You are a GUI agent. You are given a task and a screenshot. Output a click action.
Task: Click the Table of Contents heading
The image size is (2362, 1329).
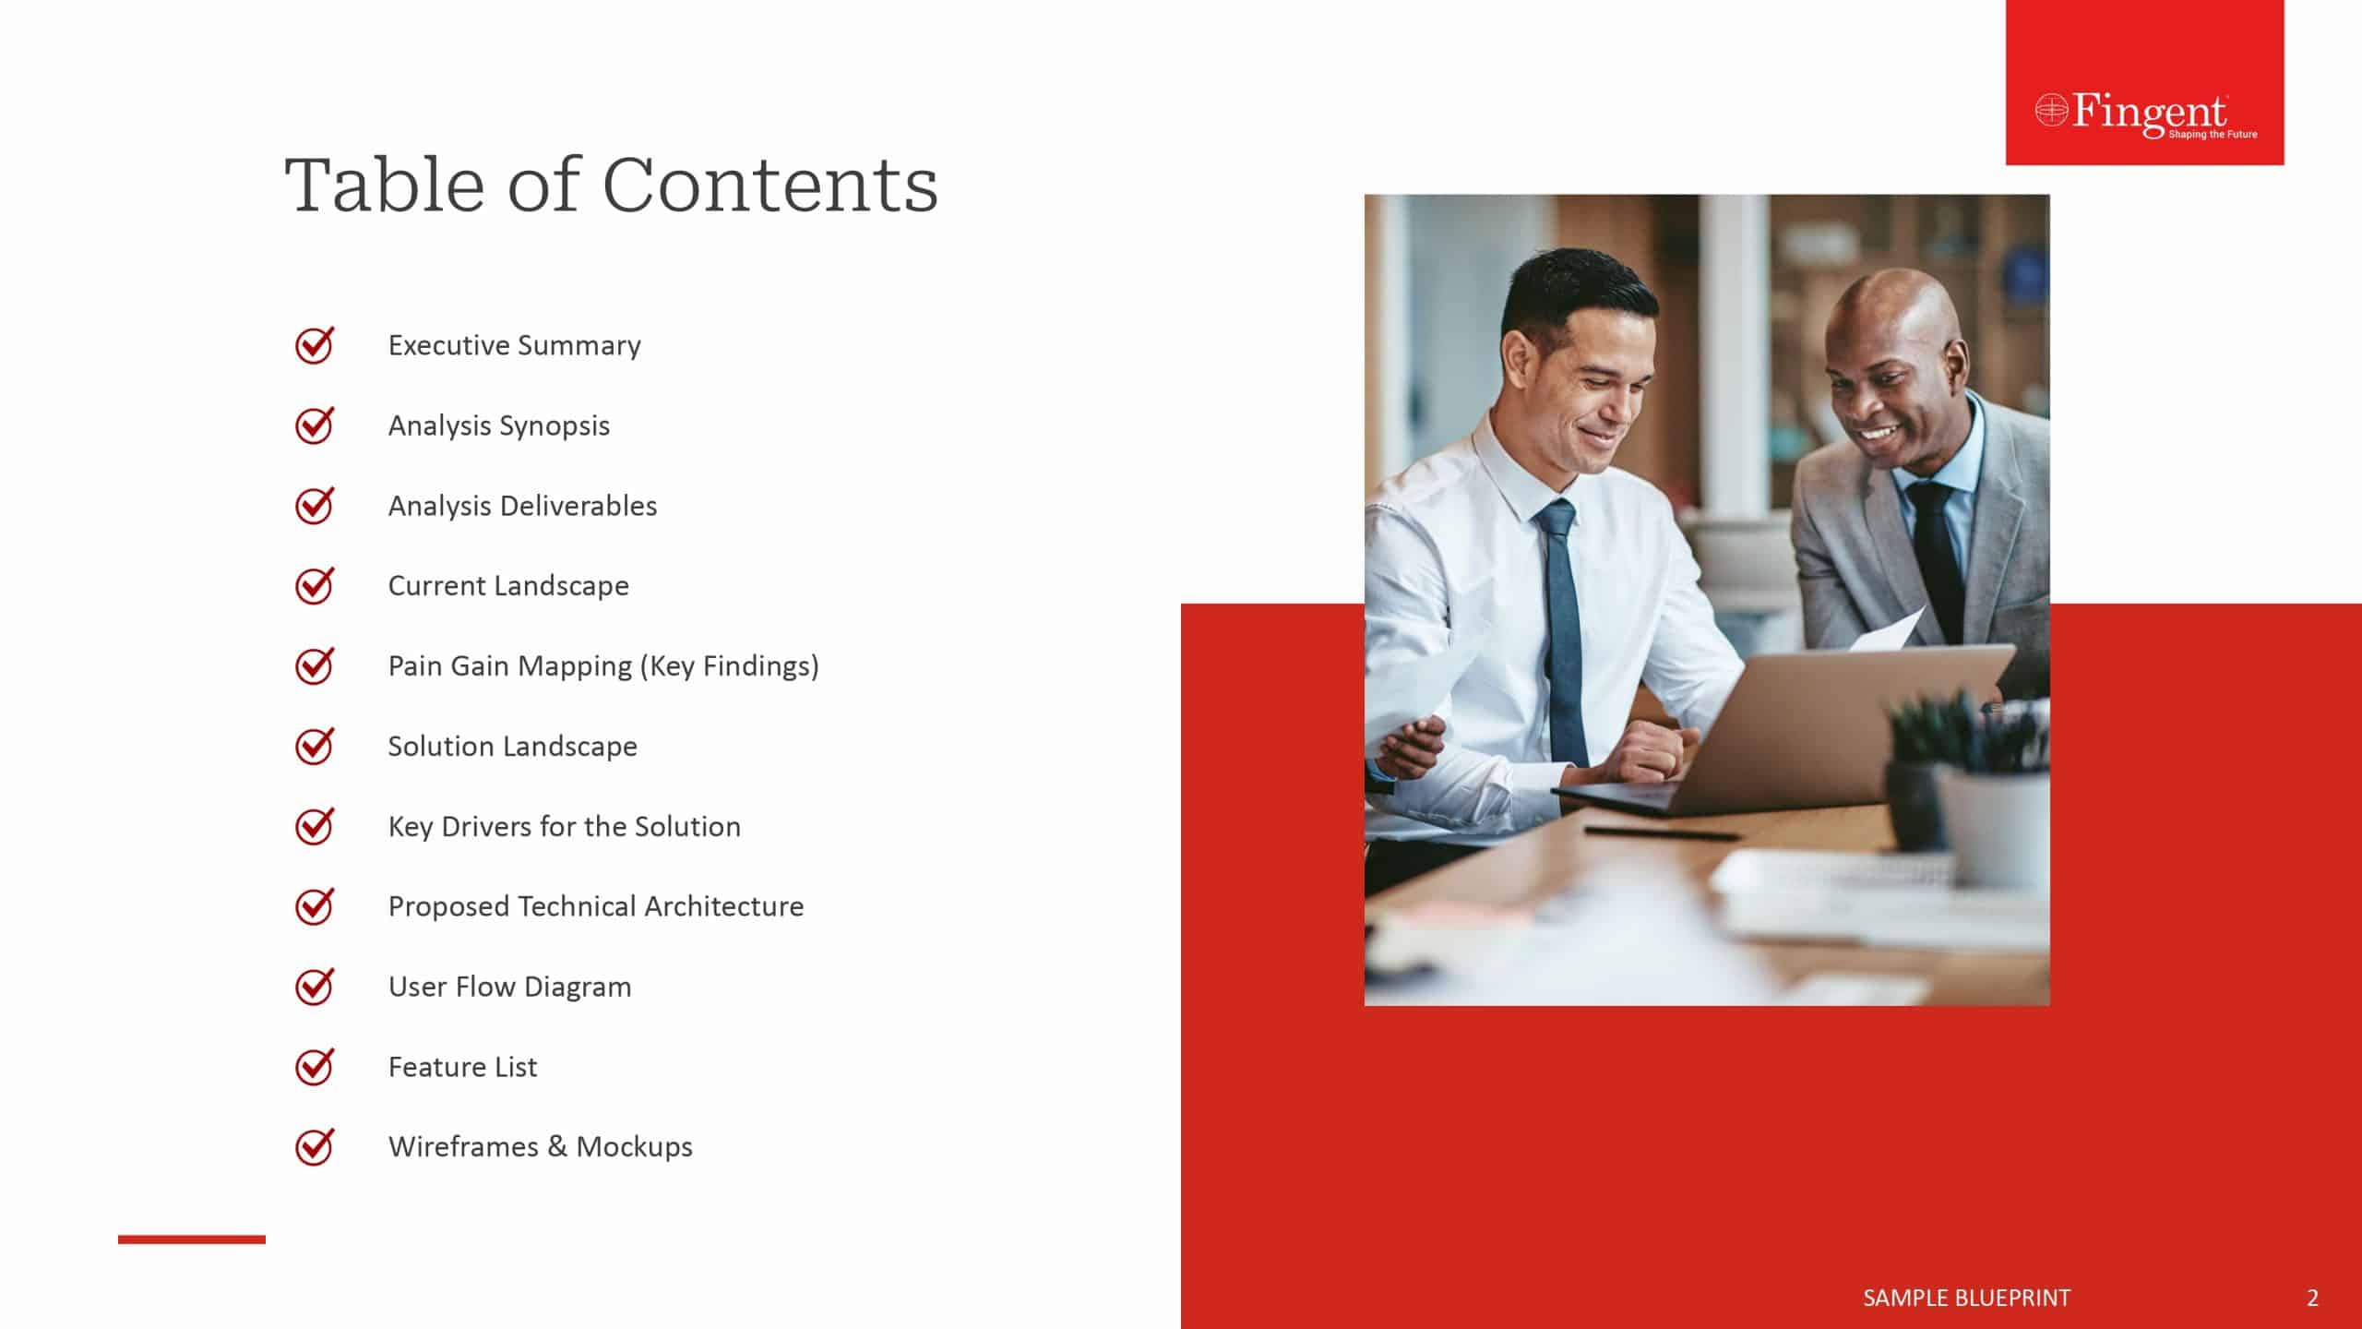coord(611,185)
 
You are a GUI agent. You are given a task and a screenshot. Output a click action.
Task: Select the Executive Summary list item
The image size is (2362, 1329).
coord(514,345)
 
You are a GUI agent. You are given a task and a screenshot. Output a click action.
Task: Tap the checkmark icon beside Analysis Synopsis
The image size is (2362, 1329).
coord(315,425)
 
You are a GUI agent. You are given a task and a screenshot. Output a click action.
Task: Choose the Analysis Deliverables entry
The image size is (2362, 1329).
coord(522,506)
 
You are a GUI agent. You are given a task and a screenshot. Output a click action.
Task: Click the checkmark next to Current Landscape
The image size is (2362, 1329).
coord(315,586)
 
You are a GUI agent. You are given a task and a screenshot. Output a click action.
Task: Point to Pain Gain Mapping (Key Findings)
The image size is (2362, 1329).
coord(603,666)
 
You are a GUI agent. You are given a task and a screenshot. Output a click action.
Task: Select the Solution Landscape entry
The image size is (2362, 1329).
coord(512,746)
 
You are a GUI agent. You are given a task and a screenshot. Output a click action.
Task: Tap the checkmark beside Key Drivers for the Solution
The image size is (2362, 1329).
coord(315,826)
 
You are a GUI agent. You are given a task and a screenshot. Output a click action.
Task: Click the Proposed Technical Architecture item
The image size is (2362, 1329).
coord(595,906)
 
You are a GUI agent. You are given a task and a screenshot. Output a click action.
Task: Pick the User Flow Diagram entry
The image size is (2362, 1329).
coord(509,987)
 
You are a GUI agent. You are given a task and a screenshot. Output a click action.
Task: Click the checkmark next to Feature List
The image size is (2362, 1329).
coord(315,1067)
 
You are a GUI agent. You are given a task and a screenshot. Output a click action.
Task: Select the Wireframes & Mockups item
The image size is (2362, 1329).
coord(540,1147)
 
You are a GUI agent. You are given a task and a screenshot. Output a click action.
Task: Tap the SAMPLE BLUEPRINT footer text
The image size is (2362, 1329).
coord(1966,1298)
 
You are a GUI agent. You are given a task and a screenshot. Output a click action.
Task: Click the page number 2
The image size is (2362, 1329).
coord(2312,1298)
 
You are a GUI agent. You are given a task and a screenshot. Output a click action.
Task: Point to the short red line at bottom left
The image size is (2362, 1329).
coord(192,1239)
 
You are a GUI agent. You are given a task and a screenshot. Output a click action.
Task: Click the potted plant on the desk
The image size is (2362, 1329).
coord(1970,794)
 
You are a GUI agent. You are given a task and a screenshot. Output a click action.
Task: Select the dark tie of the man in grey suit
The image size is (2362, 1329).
coord(1936,554)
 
